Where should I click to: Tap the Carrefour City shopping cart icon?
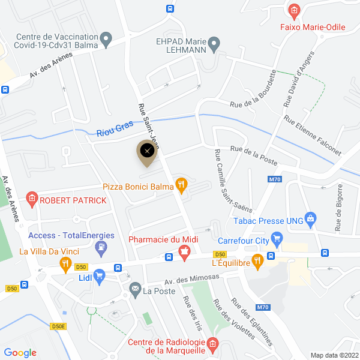(x=277, y=240)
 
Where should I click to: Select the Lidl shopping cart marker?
(x=100, y=275)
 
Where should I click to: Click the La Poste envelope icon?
(x=135, y=291)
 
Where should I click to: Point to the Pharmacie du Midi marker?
(x=185, y=255)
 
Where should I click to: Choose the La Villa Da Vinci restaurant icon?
(x=65, y=264)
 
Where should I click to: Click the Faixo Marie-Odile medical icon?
(x=294, y=11)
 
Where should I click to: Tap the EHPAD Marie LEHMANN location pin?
(x=214, y=43)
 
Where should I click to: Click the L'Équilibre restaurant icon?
(x=257, y=260)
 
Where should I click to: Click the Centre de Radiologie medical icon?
(x=211, y=345)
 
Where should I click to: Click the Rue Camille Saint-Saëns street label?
(x=231, y=181)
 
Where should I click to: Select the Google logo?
(x=20, y=353)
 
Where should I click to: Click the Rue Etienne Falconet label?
(x=313, y=136)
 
